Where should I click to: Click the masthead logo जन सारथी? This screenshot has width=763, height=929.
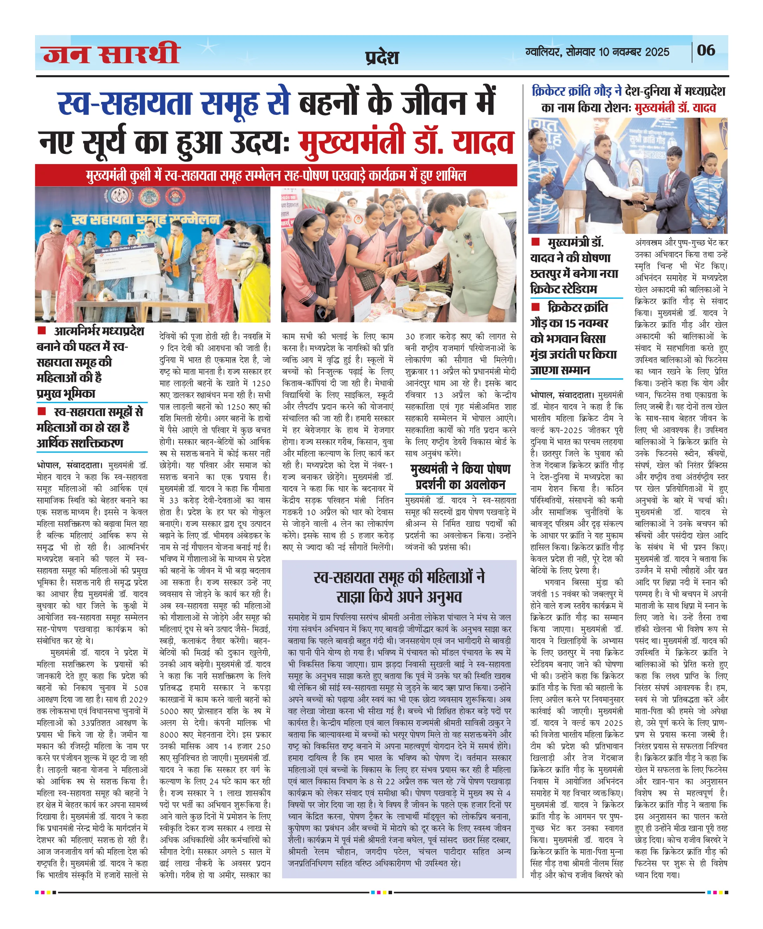(x=111, y=54)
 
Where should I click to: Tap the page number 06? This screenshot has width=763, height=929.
(x=706, y=50)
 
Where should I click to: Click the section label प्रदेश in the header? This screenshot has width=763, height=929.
(x=382, y=58)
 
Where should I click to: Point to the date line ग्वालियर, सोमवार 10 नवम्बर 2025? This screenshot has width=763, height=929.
(x=597, y=52)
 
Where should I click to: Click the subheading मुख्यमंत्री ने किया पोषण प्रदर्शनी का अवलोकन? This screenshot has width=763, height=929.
(x=460, y=476)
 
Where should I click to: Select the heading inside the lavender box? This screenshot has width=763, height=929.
(x=399, y=587)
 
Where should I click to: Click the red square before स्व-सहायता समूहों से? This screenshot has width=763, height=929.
(x=42, y=411)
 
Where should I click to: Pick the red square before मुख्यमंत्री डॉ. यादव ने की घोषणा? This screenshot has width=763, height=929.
(x=535, y=242)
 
